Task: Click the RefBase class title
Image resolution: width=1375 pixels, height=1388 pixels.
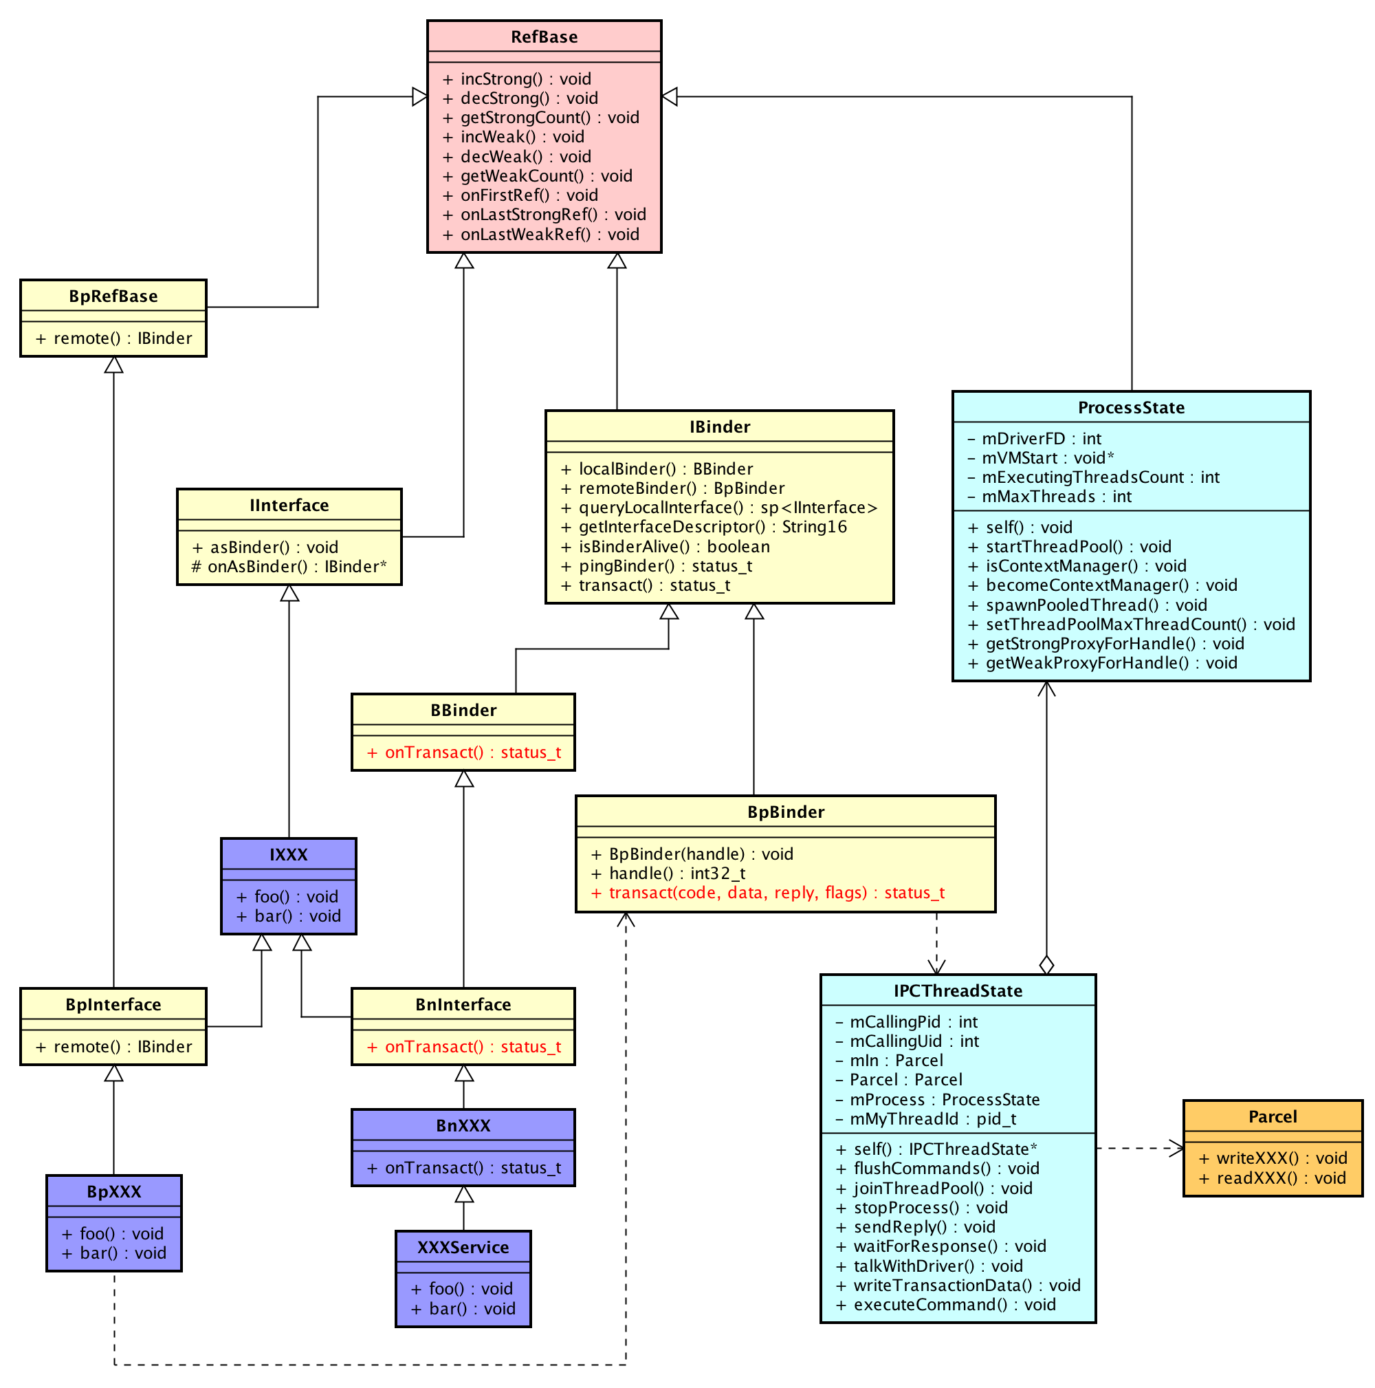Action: click(544, 36)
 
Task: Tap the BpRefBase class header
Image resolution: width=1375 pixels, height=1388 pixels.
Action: click(113, 296)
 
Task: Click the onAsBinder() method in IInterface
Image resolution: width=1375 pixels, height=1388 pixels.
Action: click(289, 567)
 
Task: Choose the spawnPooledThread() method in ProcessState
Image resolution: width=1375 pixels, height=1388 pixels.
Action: click(1086, 605)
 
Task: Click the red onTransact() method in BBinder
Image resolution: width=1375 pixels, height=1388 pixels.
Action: click(464, 753)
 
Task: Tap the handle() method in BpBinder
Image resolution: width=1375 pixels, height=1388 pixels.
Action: click(668, 874)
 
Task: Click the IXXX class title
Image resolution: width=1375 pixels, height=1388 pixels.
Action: click(289, 855)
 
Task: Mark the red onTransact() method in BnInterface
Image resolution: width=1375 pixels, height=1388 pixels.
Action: click(464, 1047)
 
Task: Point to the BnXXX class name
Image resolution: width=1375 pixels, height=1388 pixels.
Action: click(463, 1126)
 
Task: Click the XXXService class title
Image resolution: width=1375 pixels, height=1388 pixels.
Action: click(463, 1247)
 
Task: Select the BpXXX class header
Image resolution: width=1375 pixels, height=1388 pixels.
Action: click(114, 1192)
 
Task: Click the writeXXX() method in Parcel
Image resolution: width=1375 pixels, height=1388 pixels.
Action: click(1272, 1158)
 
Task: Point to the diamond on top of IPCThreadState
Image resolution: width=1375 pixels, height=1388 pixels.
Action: click(1047, 965)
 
